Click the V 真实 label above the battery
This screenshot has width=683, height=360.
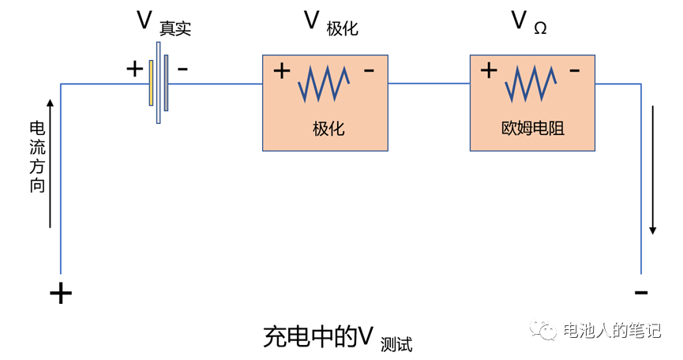click(164, 23)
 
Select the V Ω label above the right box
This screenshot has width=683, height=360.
click(529, 23)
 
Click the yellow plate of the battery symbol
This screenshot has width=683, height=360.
click(151, 82)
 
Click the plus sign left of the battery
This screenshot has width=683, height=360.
click(135, 69)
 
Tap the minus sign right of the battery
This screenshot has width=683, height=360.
click(183, 69)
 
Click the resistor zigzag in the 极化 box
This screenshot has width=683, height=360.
click(325, 84)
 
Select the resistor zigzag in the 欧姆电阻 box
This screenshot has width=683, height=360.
click(534, 83)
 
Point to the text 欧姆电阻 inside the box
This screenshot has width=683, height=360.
click(534, 129)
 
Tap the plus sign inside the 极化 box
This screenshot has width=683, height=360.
click(282, 71)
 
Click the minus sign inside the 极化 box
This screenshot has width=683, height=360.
click(369, 71)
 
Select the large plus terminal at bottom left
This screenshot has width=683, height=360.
click(61, 294)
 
